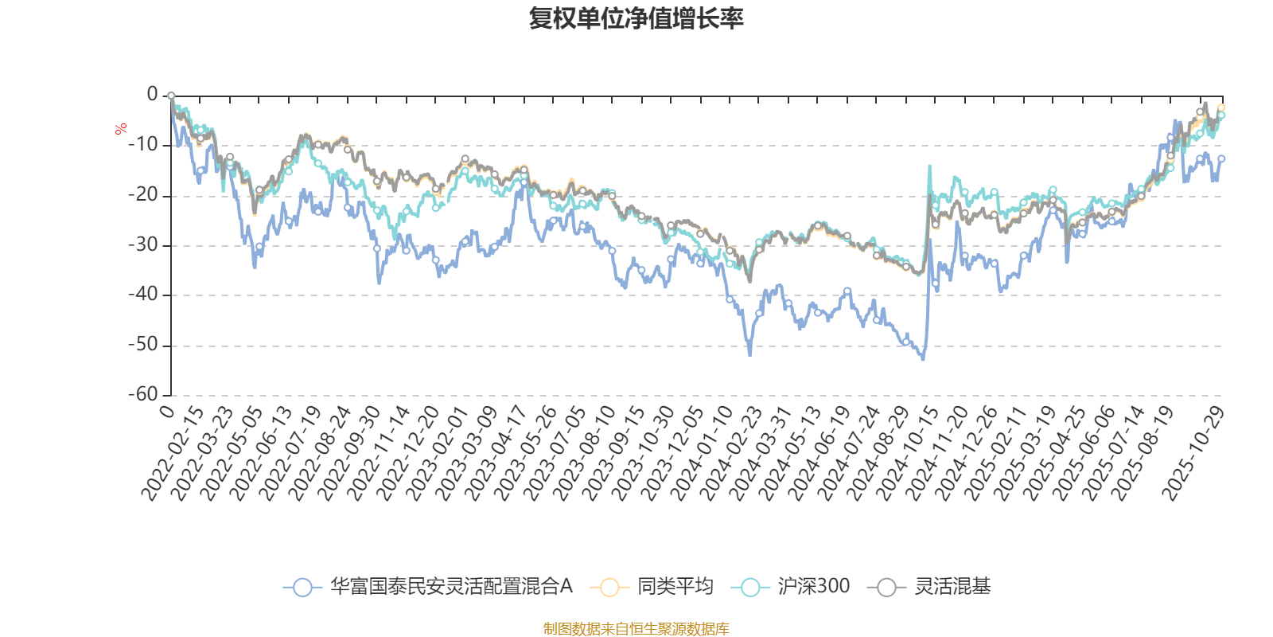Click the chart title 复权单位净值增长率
click(x=636, y=18)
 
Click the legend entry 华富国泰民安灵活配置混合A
click(x=450, y=587)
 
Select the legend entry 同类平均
click(x=675, y=587)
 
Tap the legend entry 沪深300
click(x=813, y=587)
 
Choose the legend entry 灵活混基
click(x=952, y=587)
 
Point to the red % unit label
click(x=121, y=128)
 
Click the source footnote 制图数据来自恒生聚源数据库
click(x=636, y=629)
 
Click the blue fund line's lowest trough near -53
click(x=923, y=360)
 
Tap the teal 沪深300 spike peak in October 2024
click(x=929, y=166)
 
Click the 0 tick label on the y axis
click(x=153, y=95)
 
